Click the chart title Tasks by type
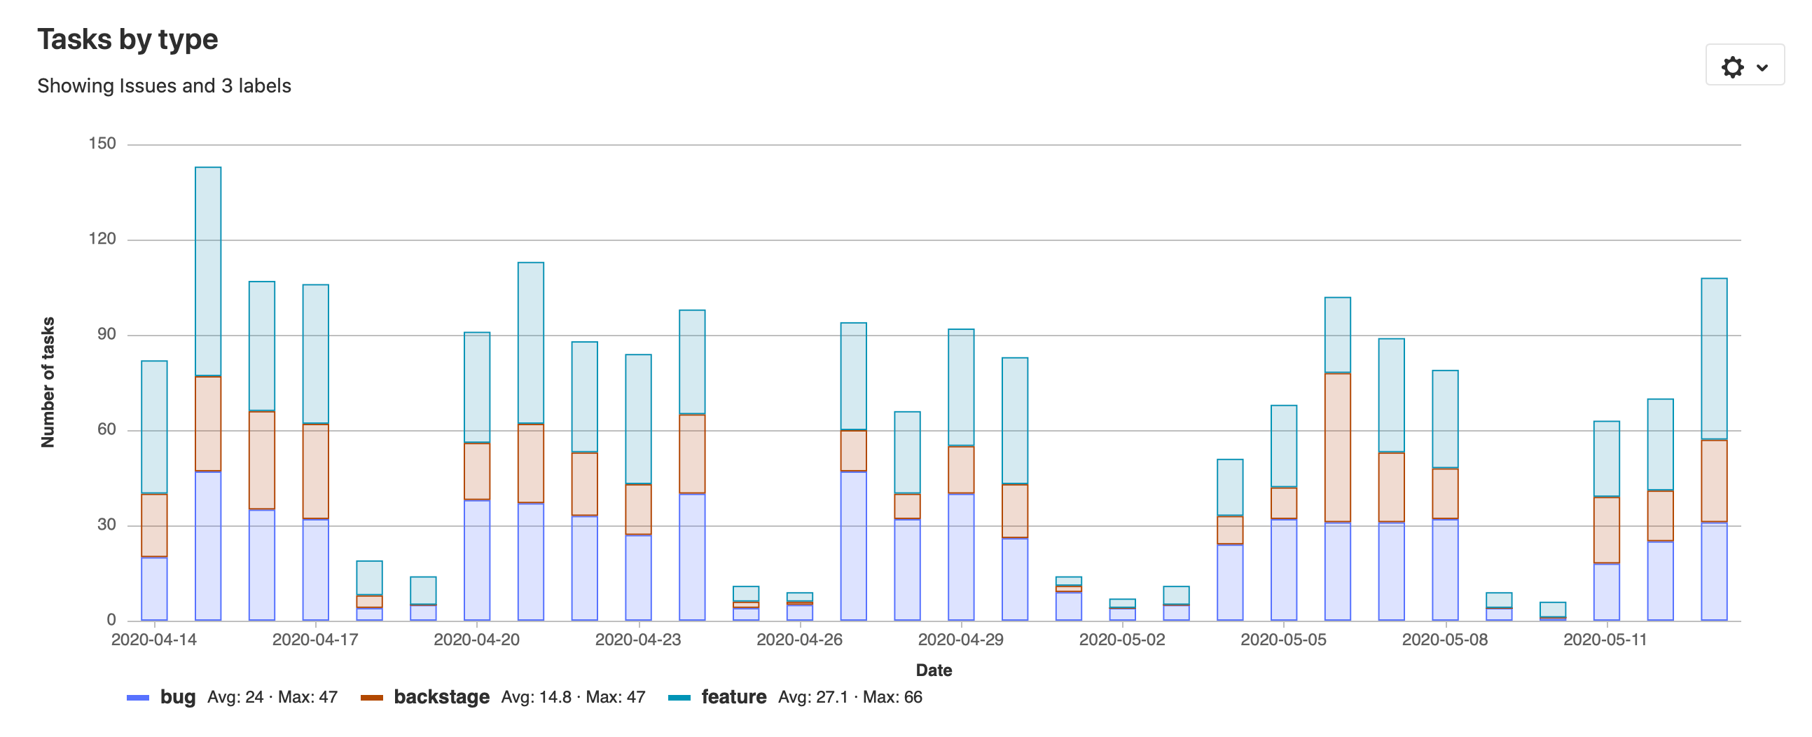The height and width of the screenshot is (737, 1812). (x=127, y=39)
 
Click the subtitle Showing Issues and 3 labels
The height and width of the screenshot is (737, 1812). (x=164, y=85)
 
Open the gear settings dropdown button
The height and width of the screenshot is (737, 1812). (x=1744, y=67)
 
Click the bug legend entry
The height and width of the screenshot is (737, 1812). (x=177, y=697)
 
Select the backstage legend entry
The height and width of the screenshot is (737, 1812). (x=441, y=697)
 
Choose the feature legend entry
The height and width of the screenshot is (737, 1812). (x=733, y=697)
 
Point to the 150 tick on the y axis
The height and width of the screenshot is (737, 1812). (x=102, y=144)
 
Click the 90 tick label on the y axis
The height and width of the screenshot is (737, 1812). (x=106, y=334)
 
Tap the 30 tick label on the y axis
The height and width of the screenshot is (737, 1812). (x=106, y=525)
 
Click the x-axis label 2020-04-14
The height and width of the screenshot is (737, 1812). (x=154, y=640)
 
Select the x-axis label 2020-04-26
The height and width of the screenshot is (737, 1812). (x=799, y=640)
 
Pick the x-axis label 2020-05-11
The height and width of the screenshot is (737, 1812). (x=1605, y=640)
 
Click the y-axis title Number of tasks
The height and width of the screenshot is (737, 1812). (x=48, y=382)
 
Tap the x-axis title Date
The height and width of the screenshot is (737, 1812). (x=934, y=670)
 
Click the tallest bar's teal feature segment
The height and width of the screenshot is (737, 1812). (x=208, y=270)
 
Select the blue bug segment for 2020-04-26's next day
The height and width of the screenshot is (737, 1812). (x=853, y=546)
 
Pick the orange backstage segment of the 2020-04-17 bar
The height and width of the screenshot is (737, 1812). (x=316, y=471)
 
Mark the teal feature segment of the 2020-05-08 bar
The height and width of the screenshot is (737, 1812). (x=1445, y=418)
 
